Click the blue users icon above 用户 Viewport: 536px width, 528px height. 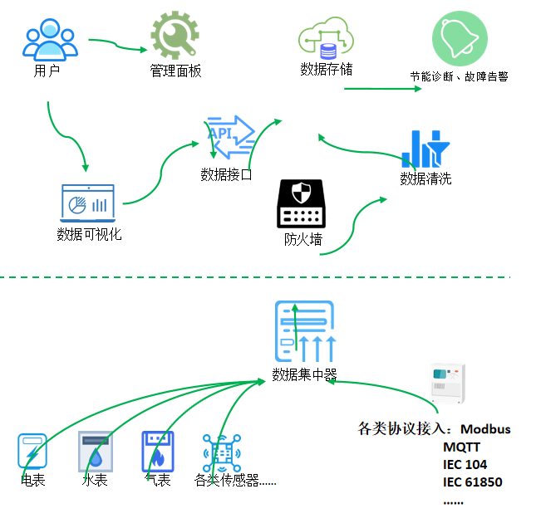click(49, 39)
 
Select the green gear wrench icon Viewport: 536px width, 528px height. click(175, 35)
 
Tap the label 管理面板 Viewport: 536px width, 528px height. click(175, 71)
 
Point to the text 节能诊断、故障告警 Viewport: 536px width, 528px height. click(459, 76)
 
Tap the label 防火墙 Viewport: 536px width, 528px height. click(302, 241)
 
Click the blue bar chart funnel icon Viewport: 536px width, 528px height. click(425, 149)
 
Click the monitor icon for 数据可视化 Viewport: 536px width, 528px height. click(88, 203)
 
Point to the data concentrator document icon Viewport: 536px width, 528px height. click(305, 331)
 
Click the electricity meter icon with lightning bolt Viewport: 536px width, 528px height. click(32, 452)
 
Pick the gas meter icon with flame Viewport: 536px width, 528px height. click(157, 452)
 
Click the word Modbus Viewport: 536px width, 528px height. click(486, 429)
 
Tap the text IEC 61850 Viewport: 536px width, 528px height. click(473, 482)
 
